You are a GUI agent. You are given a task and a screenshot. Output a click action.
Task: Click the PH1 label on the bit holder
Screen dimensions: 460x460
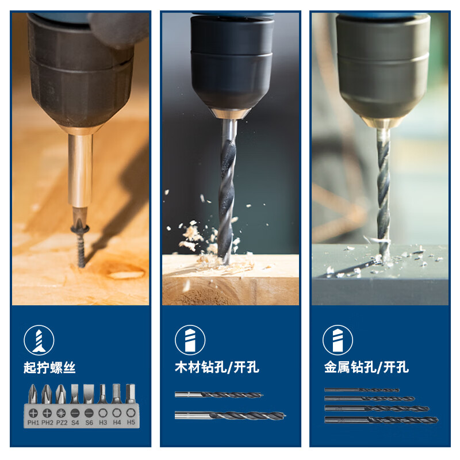[x=33, y=423]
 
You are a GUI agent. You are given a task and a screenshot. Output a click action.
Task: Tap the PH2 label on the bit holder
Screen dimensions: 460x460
[x=47, y=423]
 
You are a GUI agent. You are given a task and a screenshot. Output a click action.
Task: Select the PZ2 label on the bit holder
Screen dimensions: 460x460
[x=62, y=423]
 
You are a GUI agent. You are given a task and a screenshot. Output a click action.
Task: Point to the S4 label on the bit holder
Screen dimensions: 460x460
[x=75, y=423]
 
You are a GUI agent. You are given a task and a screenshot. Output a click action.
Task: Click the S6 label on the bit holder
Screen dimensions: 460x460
[x=89, y=423]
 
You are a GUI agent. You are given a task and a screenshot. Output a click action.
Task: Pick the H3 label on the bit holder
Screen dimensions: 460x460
[x=103, y=423]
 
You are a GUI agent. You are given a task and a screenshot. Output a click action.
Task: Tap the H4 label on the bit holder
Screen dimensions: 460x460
[x=117, y=423]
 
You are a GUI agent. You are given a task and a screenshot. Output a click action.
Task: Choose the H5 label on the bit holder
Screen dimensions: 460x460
[x=131, y=423]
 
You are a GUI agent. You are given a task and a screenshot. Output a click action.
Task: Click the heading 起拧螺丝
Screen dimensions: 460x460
[x=49, y=367]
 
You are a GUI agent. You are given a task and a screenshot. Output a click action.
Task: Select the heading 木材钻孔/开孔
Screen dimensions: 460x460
[x=217, y=367]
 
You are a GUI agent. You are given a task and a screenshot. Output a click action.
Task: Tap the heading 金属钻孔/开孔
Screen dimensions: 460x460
[x=366, y=367]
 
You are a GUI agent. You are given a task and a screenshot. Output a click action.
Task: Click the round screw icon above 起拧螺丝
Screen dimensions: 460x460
[x=39, y=340]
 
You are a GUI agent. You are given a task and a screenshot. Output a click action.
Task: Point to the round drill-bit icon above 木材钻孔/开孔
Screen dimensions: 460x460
[x=190, y=340]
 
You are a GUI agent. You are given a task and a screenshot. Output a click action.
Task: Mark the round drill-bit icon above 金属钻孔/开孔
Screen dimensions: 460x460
[x=338, y=340]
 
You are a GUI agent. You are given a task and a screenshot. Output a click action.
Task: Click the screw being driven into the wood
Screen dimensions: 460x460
[x=80, y=245]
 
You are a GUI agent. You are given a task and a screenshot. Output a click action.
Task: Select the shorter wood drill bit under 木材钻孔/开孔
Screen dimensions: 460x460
[x=219, y=395]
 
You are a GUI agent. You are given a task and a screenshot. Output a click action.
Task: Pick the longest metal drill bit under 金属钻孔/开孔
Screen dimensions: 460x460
[x=381, y=420]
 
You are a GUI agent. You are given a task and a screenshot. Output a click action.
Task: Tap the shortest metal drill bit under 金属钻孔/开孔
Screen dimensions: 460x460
[x=362, y=390]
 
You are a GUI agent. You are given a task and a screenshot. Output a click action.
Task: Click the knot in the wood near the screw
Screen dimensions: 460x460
[x=126, y=274]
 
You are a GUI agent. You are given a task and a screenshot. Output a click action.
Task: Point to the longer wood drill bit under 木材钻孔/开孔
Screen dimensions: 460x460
[x=231, y=415]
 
